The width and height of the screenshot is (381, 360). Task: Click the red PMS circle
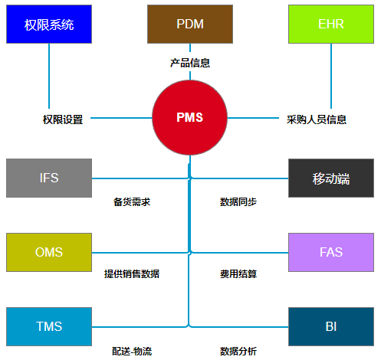[x=189, y=118]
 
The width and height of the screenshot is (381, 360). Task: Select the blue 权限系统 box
[x=49, y=24]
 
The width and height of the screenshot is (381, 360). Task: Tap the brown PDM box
[x=190, y=24]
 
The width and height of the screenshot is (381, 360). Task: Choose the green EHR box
[x=331, y=24]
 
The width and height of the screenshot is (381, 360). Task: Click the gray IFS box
[x=49, y=178]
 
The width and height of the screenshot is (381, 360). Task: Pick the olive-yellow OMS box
[x=49, y=252]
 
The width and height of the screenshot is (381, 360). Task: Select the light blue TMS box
[x=49, y=326]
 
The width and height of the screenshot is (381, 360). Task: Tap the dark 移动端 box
[x=331, y=178]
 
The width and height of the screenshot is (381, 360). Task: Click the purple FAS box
[x=331, y=252]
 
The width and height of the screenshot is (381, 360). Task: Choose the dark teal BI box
[x=331, y=326]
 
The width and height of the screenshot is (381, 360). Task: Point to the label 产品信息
[x=190, y=63]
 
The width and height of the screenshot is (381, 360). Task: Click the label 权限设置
[x=63, y=119]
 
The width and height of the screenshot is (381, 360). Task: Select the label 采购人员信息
[x=317, y=119]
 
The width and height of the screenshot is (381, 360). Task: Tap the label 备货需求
[x=132, y=202]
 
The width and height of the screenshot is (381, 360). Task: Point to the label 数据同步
[x=238, y=202]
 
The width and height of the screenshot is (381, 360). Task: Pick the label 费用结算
[x=238, y=273]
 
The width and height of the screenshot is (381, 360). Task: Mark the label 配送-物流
[x=132, y=351]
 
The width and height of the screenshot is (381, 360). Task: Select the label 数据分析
[x=238, y=351]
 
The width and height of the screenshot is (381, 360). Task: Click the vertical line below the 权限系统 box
[x=49, y=77]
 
